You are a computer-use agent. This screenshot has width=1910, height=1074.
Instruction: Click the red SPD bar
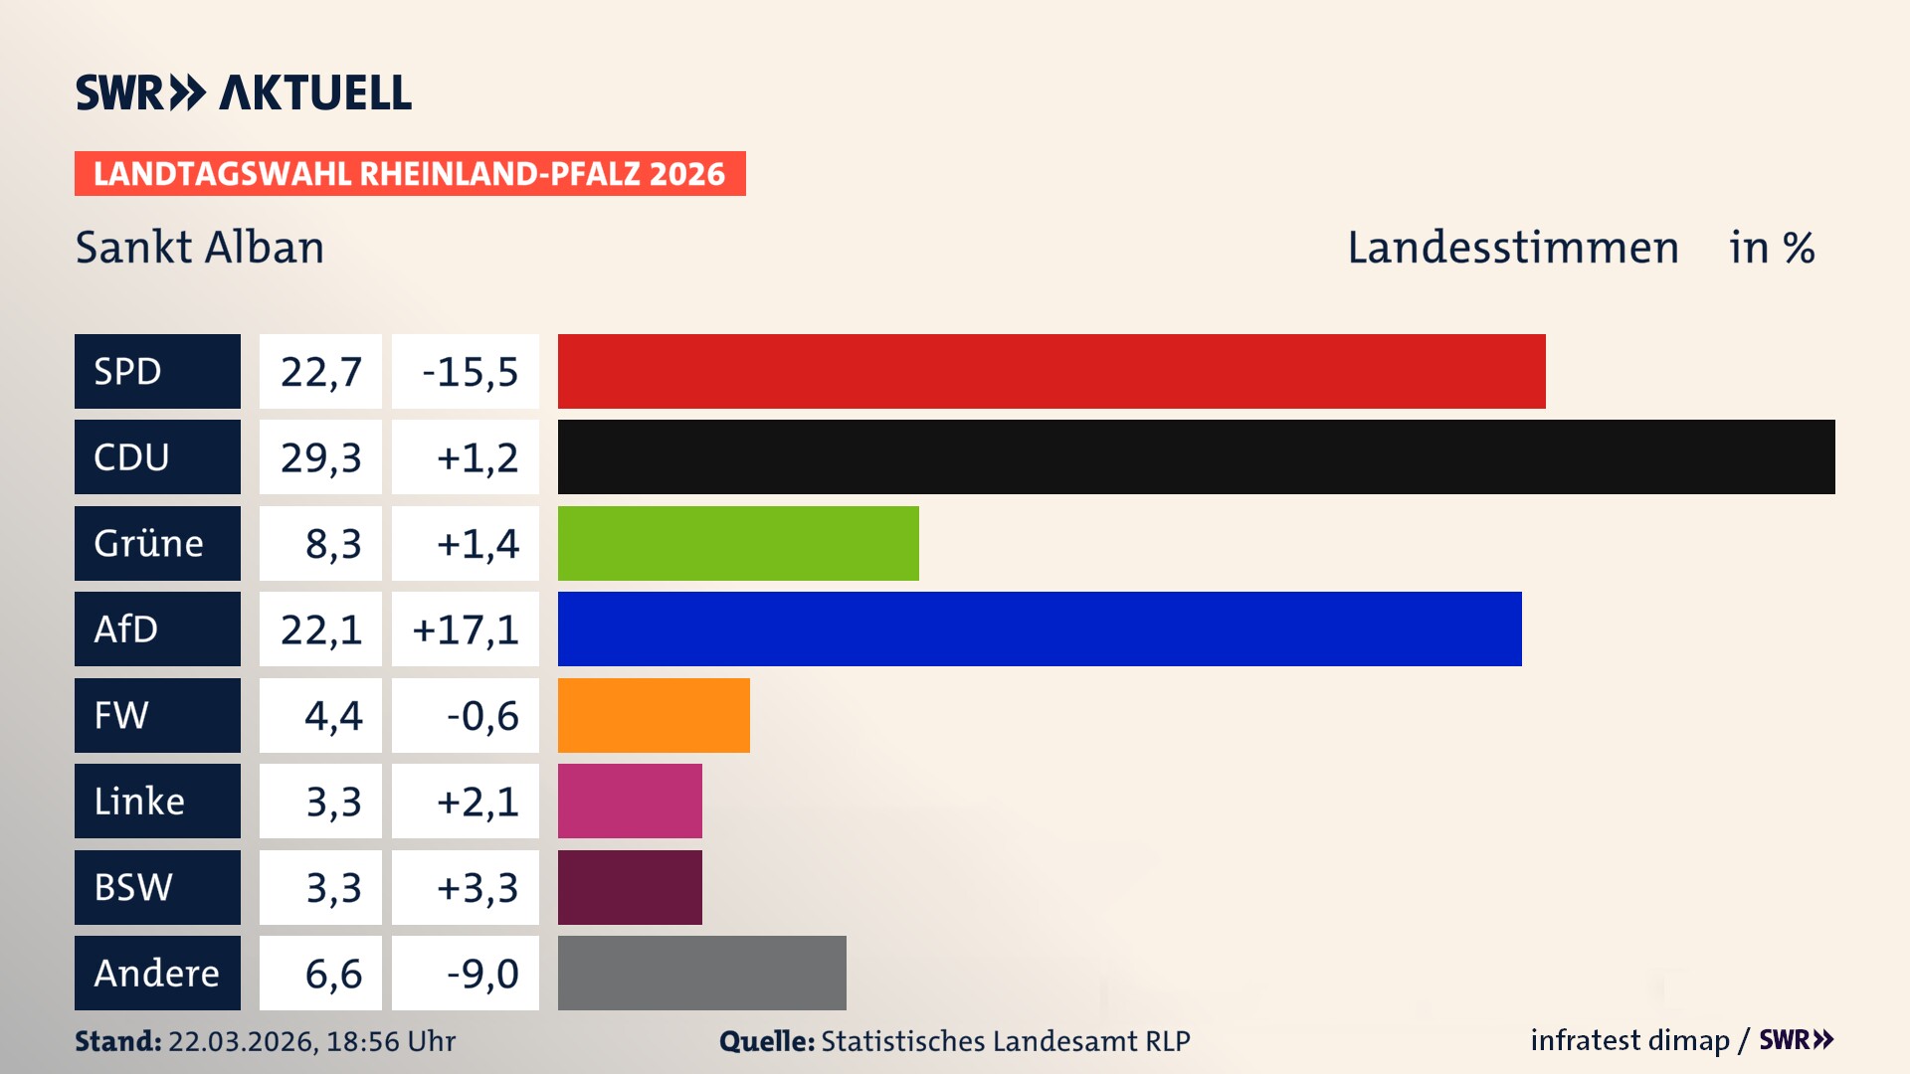click(1051, 371)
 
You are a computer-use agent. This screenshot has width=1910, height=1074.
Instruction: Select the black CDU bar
click(1196, 456)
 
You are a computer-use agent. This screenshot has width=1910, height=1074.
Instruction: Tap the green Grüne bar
click(738, 543)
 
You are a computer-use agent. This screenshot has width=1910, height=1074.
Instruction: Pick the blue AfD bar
click(1040, 628)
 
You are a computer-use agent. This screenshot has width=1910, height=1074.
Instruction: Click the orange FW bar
click(654, 715)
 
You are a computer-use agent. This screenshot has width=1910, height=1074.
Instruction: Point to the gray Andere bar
click(701, 973)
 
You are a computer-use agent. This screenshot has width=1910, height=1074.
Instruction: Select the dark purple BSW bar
click(630, 887)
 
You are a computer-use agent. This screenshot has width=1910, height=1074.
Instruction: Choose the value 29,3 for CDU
click(320, 457)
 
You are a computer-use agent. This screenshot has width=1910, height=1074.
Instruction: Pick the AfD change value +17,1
click(466, 629)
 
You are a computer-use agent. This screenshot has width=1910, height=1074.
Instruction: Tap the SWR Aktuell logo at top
click(243, 92)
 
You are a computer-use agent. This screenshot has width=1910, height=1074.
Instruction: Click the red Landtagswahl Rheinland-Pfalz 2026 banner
click(410, 174)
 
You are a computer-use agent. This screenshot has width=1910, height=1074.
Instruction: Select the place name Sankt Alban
click(200, 248)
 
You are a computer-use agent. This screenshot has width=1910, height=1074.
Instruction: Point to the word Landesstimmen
click(1512, 248)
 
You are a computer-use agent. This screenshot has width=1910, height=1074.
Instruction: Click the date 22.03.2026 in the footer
click(242, 1041)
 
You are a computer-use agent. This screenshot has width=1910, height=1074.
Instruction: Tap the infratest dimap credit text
click(1629, 1040)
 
